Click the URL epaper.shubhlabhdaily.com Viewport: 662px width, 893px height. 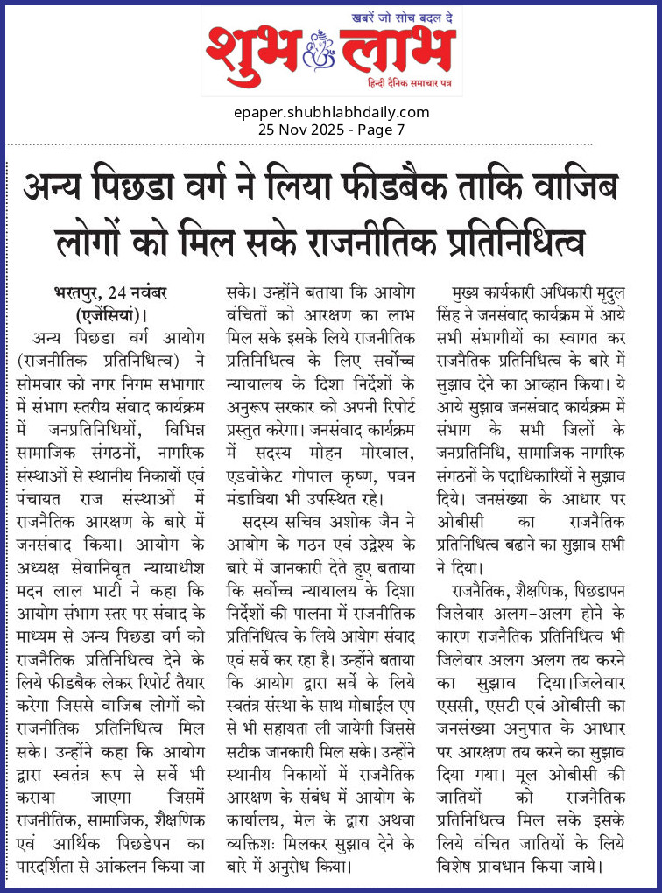(x=331, y=112)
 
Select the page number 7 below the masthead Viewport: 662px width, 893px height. (x=400, y=129)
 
